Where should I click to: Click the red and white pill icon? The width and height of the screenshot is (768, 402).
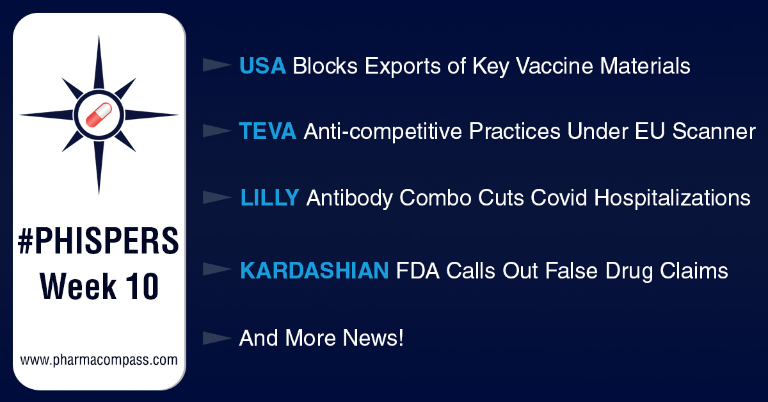(99, 115)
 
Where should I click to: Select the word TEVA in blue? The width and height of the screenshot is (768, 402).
(268, 131)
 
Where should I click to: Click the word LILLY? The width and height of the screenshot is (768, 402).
(269, 198)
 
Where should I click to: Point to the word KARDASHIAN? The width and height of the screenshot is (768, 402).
(314, 271)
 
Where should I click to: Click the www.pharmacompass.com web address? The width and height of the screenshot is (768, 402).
(99, 360)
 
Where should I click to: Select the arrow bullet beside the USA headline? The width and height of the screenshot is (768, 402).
(216, 65)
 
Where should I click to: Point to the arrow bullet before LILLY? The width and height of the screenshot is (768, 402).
(216, 198)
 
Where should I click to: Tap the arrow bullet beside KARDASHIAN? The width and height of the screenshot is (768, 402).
(216, 271)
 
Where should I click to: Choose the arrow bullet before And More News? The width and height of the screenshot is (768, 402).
(216, 337)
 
